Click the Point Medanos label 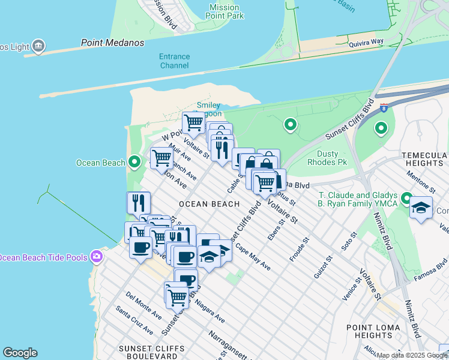tap(113, 43)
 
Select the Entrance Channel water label tap(174, 61)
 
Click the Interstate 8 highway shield tap(384, 108)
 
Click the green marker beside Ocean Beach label tap(134, 162)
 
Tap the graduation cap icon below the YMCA tap(421, 208)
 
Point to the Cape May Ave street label tap(252, 256)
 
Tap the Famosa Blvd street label tap(433, 265)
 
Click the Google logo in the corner tap(20, 353)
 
